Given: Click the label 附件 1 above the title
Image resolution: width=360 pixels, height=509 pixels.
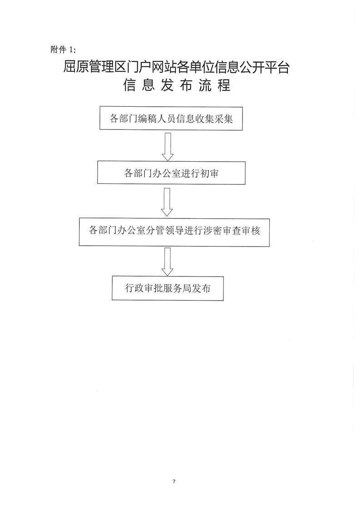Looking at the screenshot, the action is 63,49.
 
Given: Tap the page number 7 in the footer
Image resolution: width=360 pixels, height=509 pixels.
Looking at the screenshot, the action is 174,481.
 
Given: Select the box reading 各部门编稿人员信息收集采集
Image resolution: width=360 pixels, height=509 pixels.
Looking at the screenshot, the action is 171,119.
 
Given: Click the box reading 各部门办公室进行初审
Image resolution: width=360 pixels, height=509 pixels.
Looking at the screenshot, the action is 171,173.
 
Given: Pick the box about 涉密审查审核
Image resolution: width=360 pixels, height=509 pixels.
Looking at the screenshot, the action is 174,232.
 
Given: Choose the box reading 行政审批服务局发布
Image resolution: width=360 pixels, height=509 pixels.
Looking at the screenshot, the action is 168,288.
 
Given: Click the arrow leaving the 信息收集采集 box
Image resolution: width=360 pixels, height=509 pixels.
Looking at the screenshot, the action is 168,147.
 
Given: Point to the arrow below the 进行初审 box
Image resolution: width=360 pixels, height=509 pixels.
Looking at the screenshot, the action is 167,202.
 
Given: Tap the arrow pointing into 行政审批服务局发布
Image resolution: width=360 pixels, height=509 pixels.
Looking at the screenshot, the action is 167,262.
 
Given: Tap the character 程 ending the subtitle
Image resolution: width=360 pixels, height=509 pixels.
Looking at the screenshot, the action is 224,85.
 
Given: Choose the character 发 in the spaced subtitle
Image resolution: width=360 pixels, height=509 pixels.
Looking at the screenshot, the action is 167,85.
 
